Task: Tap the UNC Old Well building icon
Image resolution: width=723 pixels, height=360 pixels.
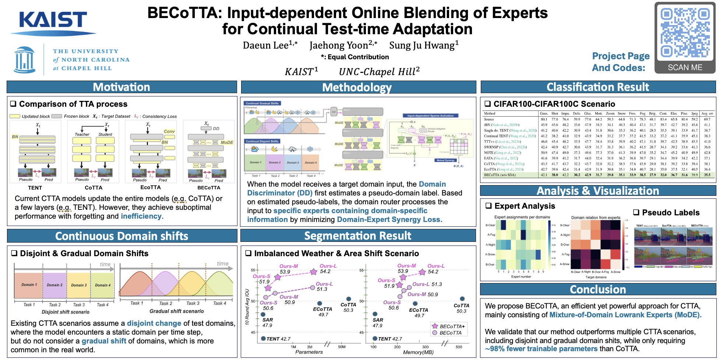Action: click(x=24, y=60)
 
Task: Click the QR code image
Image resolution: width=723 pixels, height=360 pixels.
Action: click(x=685, y=33)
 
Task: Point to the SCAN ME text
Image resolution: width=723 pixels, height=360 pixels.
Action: click(x=685, y=68)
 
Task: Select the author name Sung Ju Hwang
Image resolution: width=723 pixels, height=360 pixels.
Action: click(x=424, y=45)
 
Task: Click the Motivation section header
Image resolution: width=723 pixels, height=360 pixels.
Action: click(x=121, y=87)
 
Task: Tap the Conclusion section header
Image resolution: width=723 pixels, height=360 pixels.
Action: click(x=598, y=290)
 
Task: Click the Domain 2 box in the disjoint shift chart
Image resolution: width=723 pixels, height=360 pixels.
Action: click(x=54, y=285)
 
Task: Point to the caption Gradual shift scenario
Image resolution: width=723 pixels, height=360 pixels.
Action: click(x=176, y=311)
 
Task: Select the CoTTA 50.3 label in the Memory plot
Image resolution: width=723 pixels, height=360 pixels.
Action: click(x=461, y=308)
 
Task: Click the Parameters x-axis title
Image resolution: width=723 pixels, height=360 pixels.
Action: click(x=309, y=352)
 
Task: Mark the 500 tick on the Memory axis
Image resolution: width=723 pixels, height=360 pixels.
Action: click(x=459, y=347)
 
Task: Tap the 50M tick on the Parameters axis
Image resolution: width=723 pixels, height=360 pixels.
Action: click(x=342, y=347)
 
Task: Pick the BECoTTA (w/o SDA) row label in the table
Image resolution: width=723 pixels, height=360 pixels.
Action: click(x=500, y=175)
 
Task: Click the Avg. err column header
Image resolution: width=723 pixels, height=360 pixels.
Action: click(x=707, y=114)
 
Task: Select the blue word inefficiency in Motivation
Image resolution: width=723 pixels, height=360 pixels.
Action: click(x=141, y=216)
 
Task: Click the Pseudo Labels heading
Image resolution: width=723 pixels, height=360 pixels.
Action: click(x=670, y=213)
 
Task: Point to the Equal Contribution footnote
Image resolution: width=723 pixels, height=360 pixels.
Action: click(x=355, y=57)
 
